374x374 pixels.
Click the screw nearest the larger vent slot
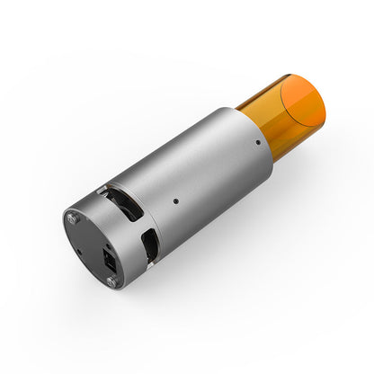pos(75,217)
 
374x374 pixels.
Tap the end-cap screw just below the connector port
pos(111,280)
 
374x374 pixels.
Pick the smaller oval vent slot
pos(150,244)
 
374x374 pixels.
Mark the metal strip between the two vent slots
pos(135,225)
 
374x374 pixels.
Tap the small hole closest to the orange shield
pos(258,141)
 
